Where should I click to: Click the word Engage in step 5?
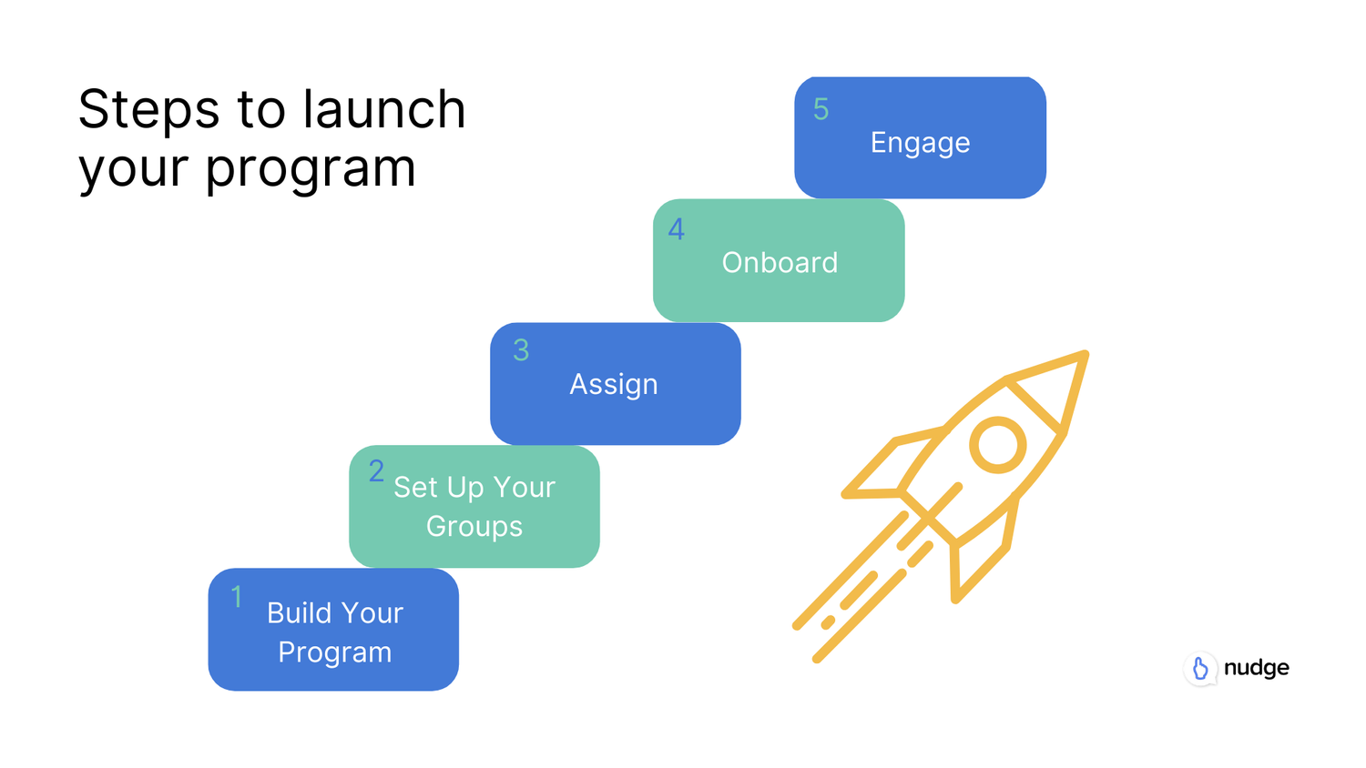(920, 143)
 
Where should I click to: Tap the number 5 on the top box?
(821, 109)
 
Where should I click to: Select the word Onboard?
(780, 263)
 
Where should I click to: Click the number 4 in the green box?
(676, 229)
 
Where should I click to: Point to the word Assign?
(614, 384)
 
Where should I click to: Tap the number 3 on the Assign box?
(521, 350)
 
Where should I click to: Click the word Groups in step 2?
(474, 526)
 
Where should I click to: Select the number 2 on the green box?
(376, 471)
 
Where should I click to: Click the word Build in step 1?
(299, 613)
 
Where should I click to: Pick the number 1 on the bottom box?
(237, 597)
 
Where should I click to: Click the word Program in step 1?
(334, 652)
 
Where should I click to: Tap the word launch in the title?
(384, 109)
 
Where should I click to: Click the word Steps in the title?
(148, 109)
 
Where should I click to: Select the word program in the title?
(311, 168)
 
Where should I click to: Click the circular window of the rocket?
(998, 445)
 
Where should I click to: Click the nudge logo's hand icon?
(1200, 669)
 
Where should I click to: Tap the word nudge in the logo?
(1256, 668)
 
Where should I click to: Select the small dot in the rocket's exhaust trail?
(828, 622)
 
